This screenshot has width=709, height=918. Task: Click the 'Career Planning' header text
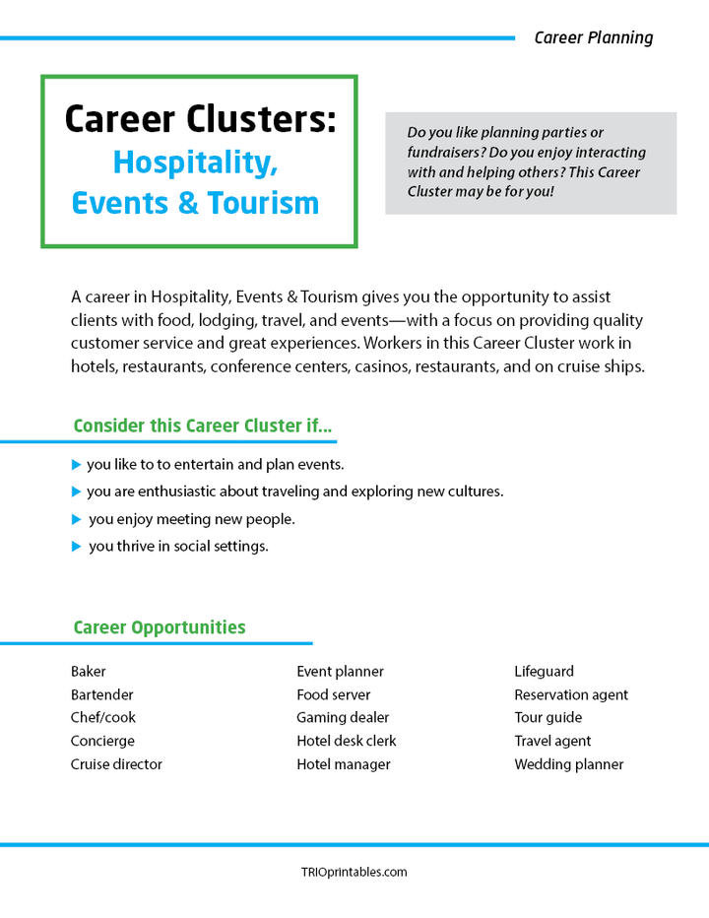593,38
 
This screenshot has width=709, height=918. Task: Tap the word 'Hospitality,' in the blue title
194,162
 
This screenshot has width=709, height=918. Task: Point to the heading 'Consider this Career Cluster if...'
203,426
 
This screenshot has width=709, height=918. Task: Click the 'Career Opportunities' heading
160,627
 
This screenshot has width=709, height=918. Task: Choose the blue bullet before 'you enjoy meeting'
77,519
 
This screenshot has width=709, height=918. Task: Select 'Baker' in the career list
89,672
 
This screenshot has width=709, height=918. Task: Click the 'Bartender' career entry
102,694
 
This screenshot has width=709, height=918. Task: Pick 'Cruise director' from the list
116,764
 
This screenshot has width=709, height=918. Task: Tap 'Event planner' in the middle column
340,672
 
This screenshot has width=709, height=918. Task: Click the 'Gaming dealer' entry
343,718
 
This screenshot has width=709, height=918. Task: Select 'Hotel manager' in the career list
344,764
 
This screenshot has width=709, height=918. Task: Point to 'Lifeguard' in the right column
544,672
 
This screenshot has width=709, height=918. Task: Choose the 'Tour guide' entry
548,718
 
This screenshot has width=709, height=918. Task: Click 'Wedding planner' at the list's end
568,764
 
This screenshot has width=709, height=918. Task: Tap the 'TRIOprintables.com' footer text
354,872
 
